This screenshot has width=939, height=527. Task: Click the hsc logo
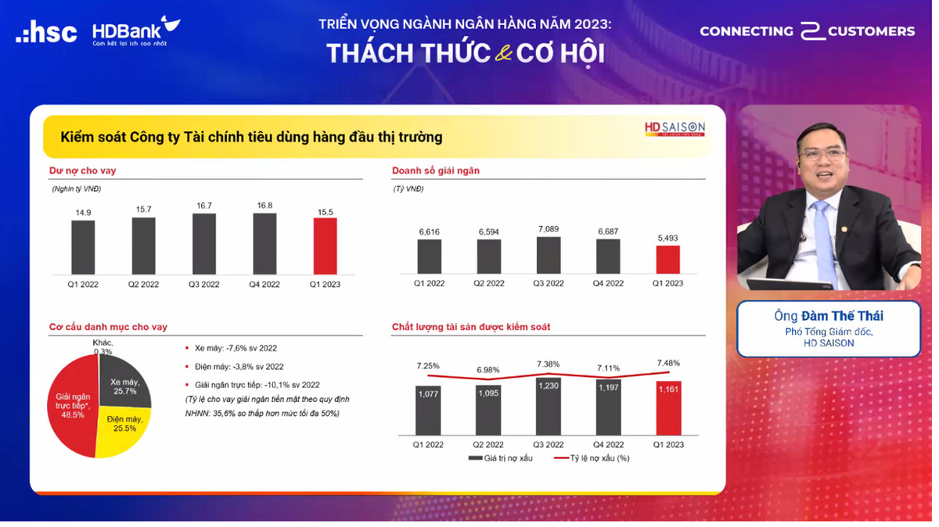click(x=46, y=32)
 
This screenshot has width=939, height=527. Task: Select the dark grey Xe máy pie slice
click(x=124, y=382)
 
